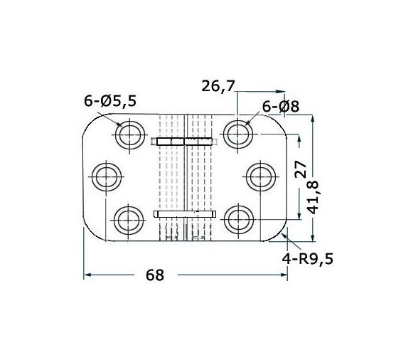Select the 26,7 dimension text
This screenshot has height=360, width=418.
[218, 87]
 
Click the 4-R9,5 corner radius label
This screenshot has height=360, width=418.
[307, 258]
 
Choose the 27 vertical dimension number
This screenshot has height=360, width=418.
[301, 169]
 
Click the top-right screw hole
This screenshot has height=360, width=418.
[238, 133]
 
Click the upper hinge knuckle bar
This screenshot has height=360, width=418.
[185, 142]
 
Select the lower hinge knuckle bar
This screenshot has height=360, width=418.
[185, 213]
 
